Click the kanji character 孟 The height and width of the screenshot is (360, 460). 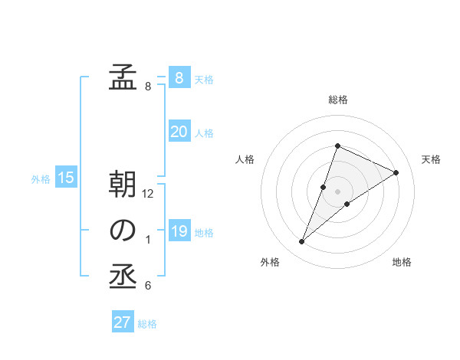coord(123,78)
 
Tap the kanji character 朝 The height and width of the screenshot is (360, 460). coord(123,185)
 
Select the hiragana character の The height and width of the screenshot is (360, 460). coord(123,231)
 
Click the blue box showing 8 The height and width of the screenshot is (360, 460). coord(179,78)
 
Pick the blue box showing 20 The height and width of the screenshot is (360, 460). coord(179,132)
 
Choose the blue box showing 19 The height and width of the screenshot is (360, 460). coord(179,231)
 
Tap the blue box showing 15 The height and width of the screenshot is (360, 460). coord(66,178)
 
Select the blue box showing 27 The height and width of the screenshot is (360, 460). coord(123,322)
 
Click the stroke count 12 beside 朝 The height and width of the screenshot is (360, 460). coord(149,195)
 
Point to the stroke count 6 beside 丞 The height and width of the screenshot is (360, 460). coord(148,286)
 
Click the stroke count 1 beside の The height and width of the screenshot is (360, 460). coord(148,241)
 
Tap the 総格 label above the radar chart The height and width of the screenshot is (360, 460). coord(338,100)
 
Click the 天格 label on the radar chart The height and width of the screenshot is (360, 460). coord(431,159)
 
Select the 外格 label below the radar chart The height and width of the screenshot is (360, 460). coord(270,262)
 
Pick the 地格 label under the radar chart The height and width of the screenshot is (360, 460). coord(402,262)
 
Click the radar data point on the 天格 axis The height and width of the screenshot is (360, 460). coord(396,172)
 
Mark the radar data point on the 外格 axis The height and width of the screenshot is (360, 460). coord(301,242)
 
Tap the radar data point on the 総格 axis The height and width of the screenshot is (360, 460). coord(337,146)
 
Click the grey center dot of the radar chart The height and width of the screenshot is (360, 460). coord(337,191)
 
